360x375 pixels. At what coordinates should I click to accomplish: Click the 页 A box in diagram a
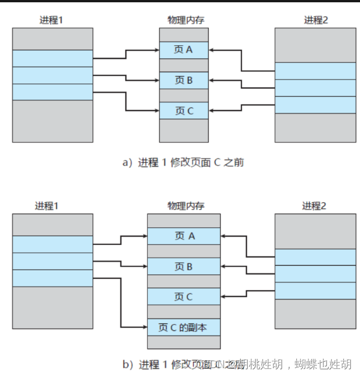[x=183, y=50]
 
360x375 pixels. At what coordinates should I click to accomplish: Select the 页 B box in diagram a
[x=183, y=80]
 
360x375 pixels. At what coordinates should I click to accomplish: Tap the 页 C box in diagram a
[x=183, y=111]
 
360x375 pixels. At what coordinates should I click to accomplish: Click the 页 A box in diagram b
[x=183, y=236]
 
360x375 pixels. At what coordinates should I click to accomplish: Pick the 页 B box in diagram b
[x=183, y=266]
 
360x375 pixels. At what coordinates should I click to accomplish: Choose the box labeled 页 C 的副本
[x=183, y=327]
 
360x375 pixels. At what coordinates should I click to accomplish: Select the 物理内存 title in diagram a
[x=183, y=20]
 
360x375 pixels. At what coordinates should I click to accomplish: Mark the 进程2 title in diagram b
[x=315, y=206]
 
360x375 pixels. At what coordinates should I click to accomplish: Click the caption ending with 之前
[x=183, y=163]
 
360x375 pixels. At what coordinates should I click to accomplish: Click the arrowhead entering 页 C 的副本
[x=144, y=327]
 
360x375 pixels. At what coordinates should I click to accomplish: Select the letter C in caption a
[x=217, y=163]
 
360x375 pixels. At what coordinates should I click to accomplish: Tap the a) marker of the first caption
[x=127, y=163]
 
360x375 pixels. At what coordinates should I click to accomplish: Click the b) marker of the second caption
[x=127, y=364]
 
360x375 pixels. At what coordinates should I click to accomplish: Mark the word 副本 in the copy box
[x=198, y=327]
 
